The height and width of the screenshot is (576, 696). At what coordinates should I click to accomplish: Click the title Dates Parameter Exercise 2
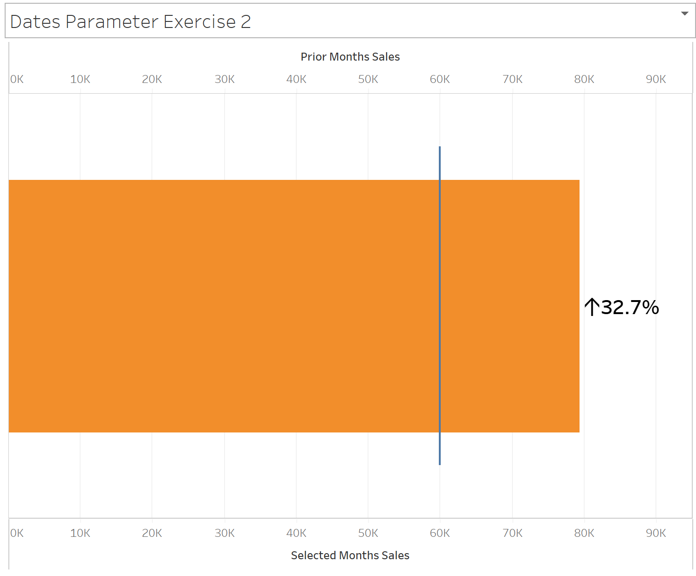130,22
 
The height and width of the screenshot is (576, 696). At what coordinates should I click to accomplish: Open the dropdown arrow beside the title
684,14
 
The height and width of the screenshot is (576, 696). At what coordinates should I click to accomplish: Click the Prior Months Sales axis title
350,57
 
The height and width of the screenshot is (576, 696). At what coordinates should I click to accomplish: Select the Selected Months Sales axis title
350,555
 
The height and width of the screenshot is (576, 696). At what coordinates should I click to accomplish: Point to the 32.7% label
629,308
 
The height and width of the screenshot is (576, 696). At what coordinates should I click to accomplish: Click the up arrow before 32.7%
592,308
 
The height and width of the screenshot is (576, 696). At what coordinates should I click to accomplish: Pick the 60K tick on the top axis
440,79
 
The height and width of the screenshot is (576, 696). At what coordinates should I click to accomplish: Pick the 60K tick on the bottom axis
440,533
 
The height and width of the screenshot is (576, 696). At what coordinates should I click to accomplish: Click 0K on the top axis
17,79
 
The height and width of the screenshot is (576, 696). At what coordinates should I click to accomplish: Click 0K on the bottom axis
17,533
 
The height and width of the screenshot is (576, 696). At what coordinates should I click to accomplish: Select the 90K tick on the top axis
655,79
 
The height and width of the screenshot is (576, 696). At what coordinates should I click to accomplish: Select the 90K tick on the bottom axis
655,533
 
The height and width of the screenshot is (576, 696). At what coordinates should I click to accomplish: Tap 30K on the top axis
225,79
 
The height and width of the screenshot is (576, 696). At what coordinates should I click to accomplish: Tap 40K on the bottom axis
296,533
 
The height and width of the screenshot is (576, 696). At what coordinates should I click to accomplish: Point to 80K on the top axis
584,79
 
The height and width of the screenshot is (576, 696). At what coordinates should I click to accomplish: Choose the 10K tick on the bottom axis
80,533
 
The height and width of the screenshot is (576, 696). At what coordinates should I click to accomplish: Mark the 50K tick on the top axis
368,79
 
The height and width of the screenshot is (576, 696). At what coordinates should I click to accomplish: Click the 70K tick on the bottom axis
512,533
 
